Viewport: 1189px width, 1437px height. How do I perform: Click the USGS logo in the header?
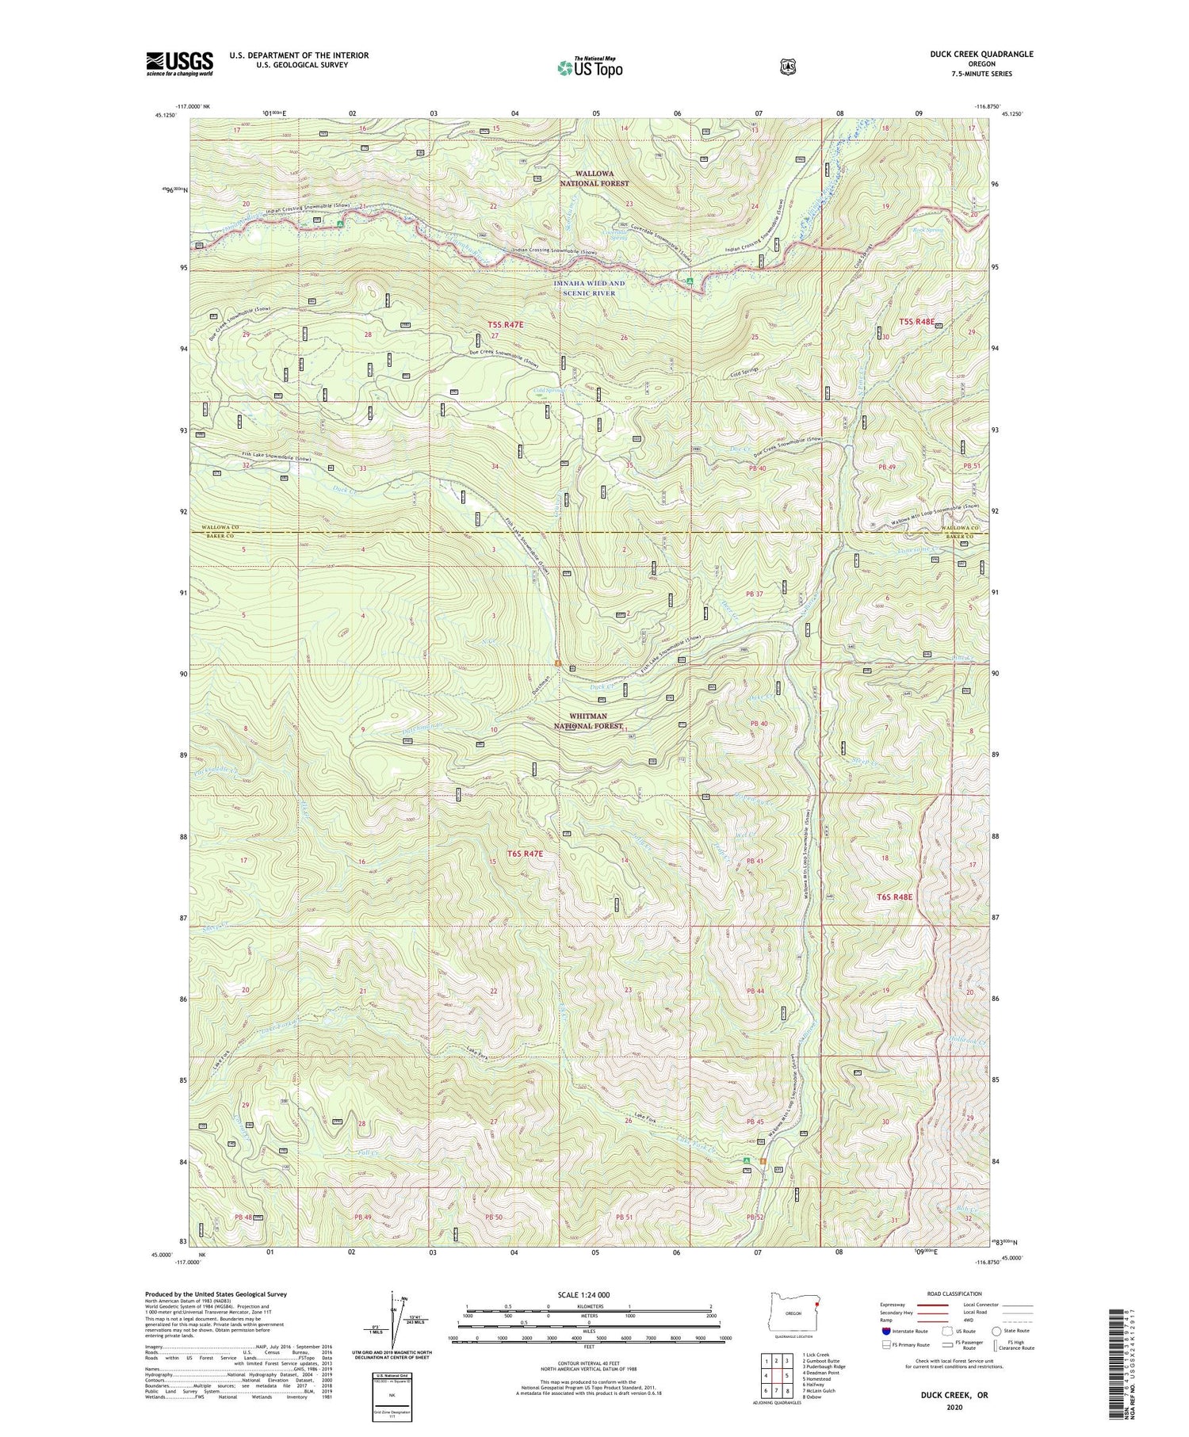pos(179,63)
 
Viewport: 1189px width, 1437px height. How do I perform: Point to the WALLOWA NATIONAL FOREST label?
pos(594,178)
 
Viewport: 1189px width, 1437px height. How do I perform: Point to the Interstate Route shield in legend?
pos(886,1331)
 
